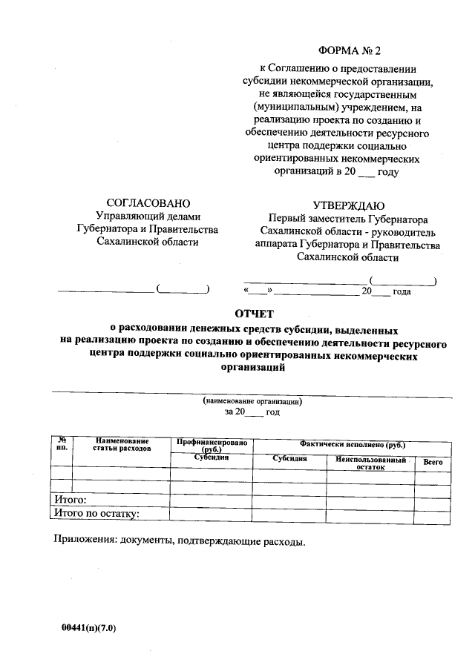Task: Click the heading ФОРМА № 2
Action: pos(348,51)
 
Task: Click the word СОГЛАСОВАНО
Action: pos(148,203)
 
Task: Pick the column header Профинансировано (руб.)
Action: pos(212,445)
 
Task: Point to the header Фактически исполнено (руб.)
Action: pos(352,443)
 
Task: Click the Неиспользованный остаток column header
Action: pos(371,463)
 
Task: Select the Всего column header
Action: pos(433,462)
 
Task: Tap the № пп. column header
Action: pos(62,445)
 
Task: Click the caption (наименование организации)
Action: pos(252,400)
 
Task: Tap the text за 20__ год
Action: pos(252,411)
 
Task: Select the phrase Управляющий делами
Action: pos(148,216)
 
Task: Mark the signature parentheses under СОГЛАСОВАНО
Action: pos(183,288)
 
